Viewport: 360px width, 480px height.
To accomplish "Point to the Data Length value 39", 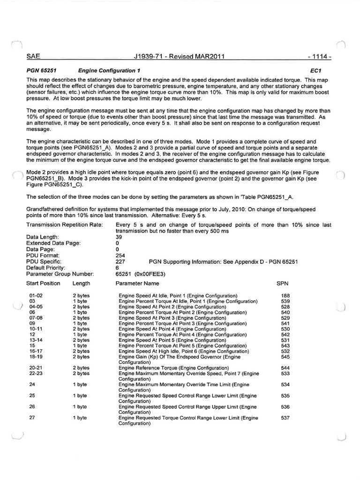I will pyautogui.click(x=119, y=237).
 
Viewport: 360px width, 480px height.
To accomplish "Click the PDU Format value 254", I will pyautogui.click(x=120, y=255).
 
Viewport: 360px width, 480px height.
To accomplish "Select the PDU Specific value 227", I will pyautogui.click(x=120, y=262).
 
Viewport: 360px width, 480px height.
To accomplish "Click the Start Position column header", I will pyautogui.click(x=44, y=284).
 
